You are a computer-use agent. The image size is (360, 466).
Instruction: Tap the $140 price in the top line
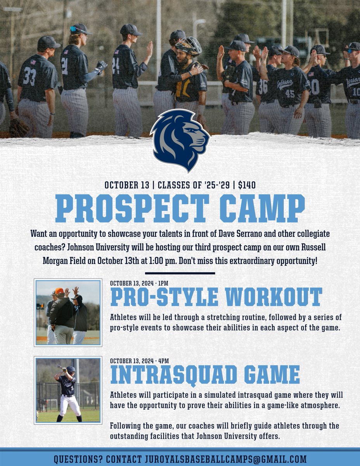point(247,185)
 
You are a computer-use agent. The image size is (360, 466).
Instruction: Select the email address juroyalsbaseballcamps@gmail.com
point(225,459)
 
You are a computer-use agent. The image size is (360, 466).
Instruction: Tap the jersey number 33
point(29,76)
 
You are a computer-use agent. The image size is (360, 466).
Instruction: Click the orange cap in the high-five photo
point(59,290)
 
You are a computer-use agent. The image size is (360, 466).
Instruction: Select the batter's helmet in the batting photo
point(71,369)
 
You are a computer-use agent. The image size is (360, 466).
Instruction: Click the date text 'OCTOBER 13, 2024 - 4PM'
point(139,360)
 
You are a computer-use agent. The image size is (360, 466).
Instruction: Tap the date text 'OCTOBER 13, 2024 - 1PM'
point(139,283)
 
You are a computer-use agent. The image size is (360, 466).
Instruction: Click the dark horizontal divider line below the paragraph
point(180,273)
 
